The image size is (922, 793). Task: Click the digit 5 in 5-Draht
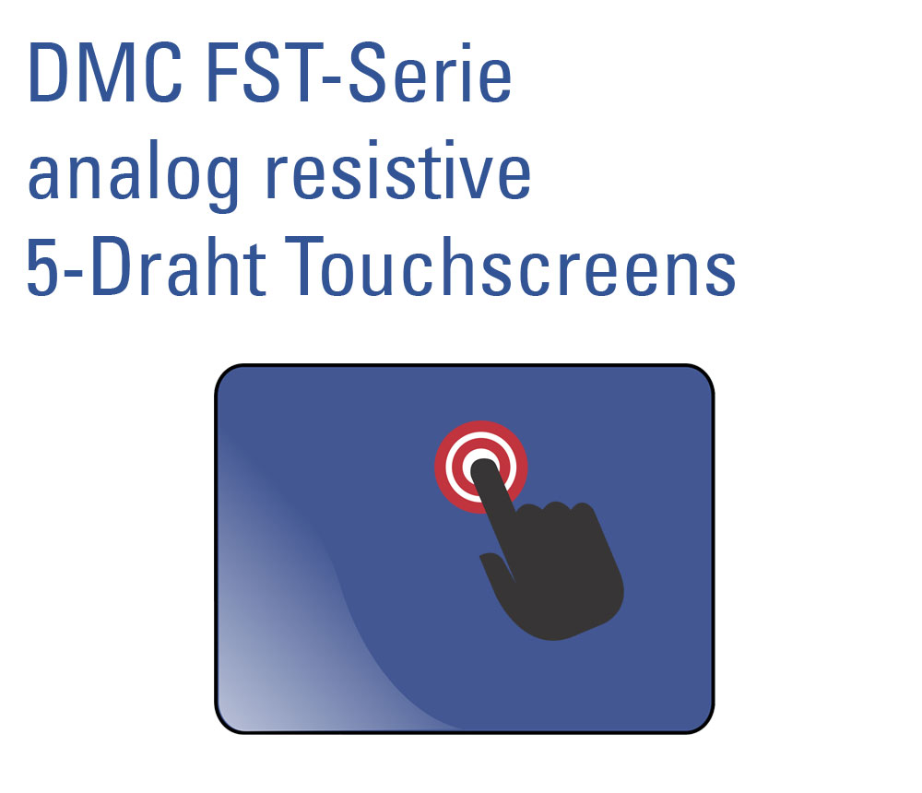click(x=41, y=267)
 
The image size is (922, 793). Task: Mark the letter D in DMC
click(x=51, y=75)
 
